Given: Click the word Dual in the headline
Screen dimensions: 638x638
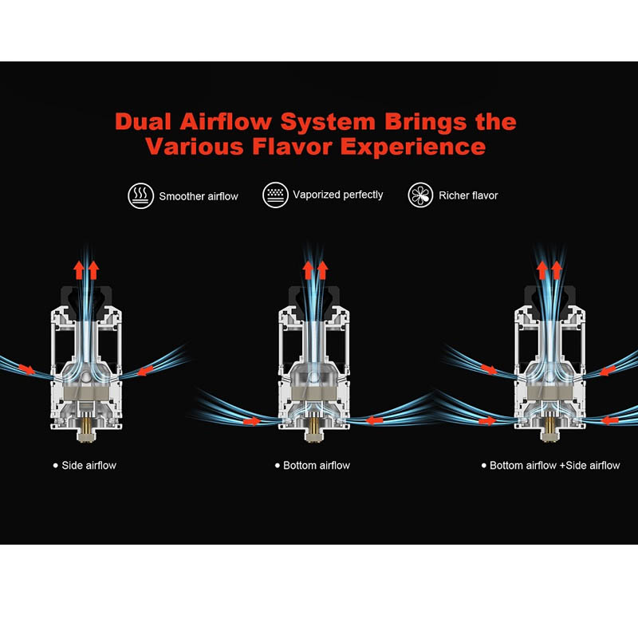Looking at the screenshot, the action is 143,122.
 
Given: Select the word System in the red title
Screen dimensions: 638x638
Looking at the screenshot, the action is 328,123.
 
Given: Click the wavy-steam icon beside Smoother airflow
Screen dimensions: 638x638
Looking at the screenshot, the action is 141,195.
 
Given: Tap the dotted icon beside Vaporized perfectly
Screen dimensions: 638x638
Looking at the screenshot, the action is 275,195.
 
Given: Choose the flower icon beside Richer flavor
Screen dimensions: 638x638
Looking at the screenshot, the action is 420,195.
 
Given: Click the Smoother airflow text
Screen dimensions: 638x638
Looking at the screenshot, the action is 199,196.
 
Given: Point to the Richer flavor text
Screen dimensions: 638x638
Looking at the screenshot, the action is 468,195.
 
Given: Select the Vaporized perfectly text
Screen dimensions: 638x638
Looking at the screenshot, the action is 338,195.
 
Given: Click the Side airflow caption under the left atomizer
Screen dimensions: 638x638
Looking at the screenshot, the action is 89,466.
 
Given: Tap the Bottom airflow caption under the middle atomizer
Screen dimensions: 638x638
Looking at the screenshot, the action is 316,466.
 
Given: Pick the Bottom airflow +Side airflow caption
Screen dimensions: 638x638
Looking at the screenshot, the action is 554,466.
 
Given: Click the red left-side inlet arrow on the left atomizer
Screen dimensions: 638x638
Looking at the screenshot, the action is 27,369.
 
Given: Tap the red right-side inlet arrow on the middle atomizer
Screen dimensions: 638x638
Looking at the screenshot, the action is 375,420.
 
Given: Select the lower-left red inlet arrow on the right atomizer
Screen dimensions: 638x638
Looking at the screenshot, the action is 487,421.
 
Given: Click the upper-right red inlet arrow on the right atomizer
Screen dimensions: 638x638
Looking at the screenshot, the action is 608,371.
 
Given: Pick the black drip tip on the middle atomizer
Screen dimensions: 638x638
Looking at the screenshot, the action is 313,301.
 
